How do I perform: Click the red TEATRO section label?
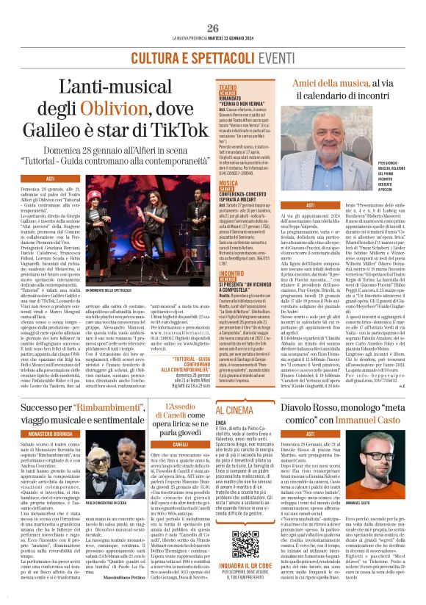(228, 87)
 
